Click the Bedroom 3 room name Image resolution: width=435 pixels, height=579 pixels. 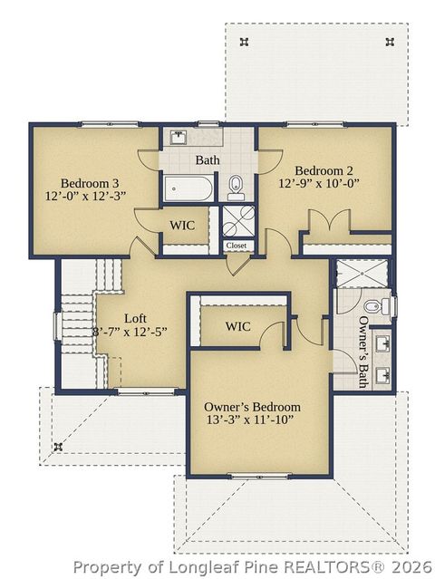pos(86,179)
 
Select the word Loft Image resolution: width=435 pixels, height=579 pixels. pos(135,318)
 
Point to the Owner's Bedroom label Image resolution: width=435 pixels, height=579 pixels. pos(252,407)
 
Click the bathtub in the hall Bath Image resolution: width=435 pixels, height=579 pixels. pos(189,190)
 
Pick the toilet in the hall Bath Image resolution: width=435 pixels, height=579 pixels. pos(237,186)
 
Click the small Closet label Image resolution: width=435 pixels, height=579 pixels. pos(237,246)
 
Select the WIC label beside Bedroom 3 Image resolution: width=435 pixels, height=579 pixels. pos(183,225)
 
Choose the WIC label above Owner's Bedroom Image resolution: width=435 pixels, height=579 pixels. pos(237,326)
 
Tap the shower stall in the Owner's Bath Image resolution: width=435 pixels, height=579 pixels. pos(361,275)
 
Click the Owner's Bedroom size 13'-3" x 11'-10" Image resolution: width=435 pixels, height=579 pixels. pos(251,421)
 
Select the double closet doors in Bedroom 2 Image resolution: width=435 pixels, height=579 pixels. pos(327,221)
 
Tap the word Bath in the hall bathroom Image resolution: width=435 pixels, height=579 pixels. pos(208,160)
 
